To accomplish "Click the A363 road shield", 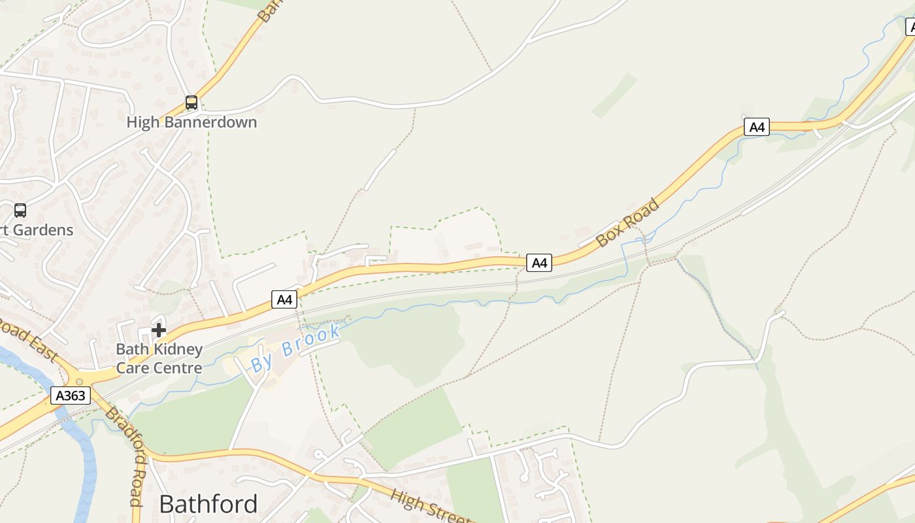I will tap(71, 396).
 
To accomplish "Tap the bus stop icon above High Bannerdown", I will tap(191, 103).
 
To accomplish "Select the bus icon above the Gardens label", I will tap(20, 211).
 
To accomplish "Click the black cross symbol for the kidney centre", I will tap(158, 330).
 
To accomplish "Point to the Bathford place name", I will tap(208, 504).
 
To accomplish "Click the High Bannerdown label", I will tap(191, 122).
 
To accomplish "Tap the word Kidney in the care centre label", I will tap(179, 349).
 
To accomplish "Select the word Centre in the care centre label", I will tap(178, 367).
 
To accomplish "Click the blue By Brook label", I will tap(296, 347).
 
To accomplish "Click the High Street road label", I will tap(430, 506).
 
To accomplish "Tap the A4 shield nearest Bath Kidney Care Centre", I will tap(284, 299).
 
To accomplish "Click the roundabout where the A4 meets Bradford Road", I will tap(80, 381).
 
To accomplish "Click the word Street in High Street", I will tap(447, 512).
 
